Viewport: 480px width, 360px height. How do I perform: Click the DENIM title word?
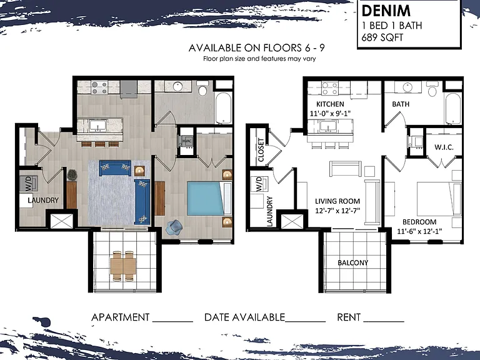[386, 11]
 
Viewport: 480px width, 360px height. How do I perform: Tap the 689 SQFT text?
[382, 37]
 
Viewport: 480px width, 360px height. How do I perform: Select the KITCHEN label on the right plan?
[330, 104]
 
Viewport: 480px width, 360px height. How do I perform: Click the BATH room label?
[401, 104]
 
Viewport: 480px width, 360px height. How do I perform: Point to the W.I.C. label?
[444, 147]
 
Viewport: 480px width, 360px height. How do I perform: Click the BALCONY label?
[353, 262]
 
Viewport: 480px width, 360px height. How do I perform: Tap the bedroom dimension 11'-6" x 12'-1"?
[419, 231]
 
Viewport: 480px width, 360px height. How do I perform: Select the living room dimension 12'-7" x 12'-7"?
[337, 211]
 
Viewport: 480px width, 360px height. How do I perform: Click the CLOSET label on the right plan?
[261, 150]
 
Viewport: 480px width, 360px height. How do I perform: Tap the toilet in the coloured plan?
[202, 88]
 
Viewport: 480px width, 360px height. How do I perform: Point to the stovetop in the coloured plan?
[99, 87]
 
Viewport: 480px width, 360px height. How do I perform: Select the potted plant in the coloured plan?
[72, 175]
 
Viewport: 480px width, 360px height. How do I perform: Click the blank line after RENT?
[384, 321]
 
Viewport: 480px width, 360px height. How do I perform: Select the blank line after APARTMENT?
[172, 321]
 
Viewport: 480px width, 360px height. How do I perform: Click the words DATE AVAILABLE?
[244, 317]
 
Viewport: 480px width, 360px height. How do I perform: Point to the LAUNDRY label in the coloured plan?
[43, 200]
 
